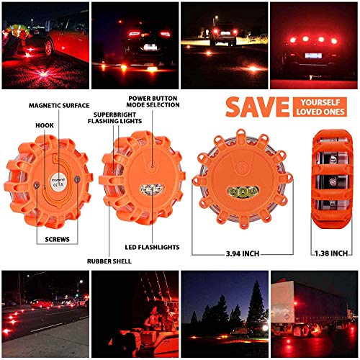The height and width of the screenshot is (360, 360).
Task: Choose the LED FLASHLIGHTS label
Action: (152, 248)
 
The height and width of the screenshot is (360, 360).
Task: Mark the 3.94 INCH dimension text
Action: (243, 253)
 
